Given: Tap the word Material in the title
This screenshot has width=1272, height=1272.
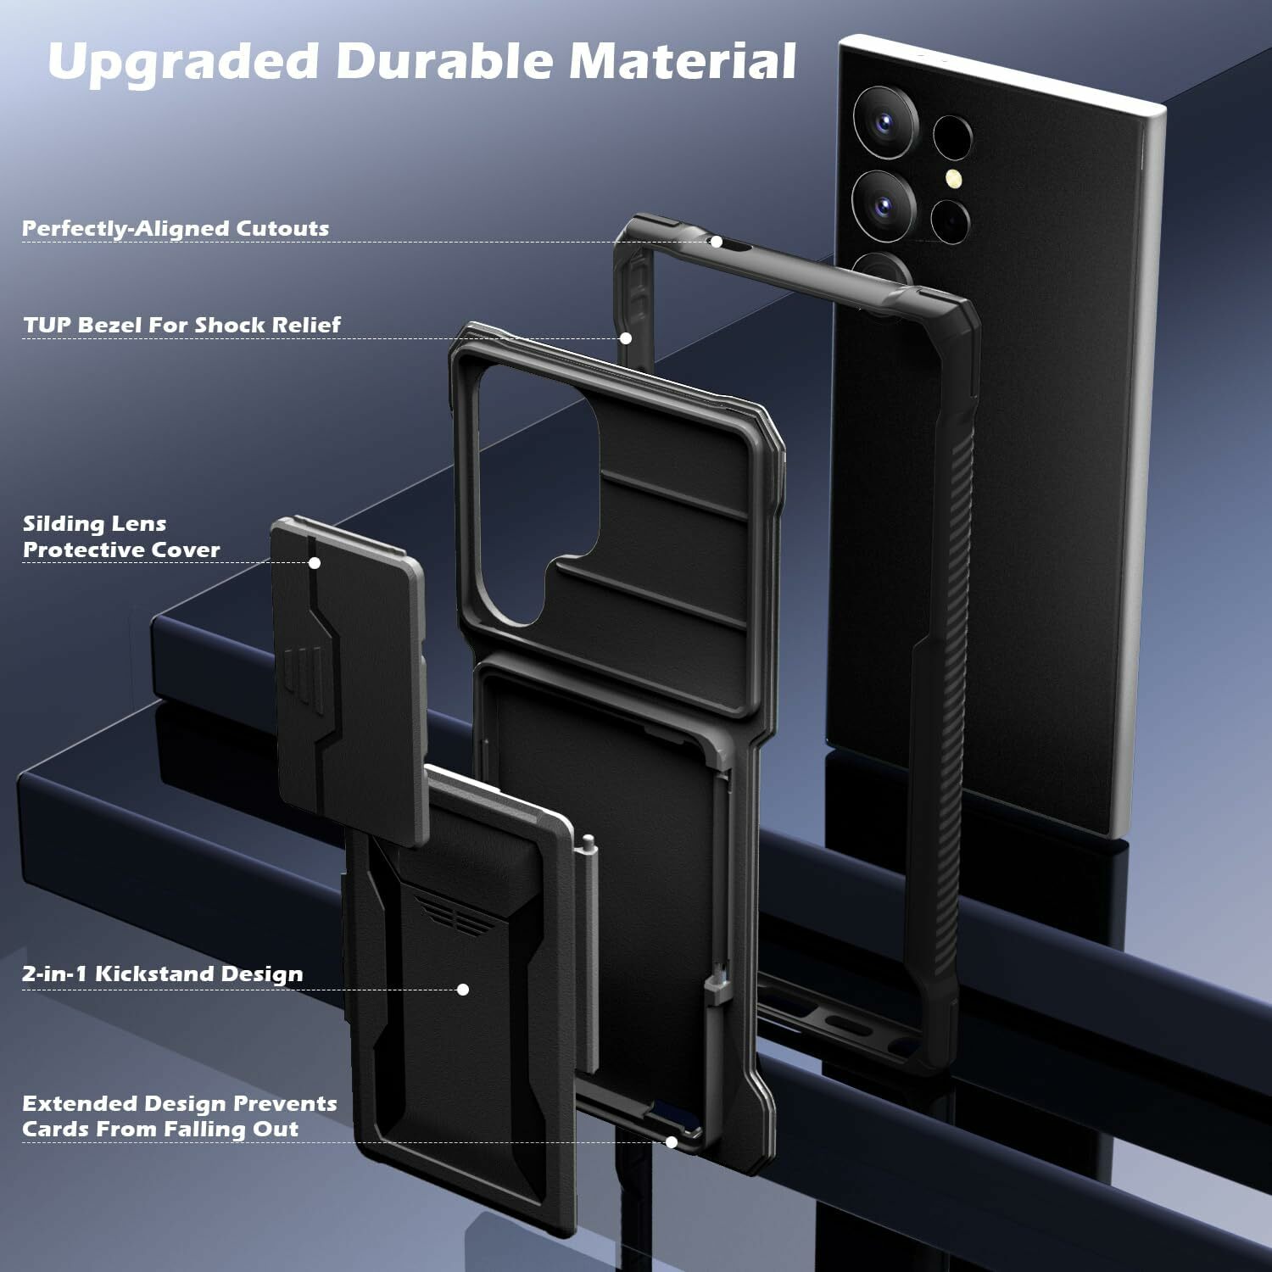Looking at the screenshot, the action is click(682, 61).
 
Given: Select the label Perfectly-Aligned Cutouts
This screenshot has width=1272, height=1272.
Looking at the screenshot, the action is click(175, 228).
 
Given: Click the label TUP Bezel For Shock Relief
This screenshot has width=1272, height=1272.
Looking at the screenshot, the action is click(181, 325).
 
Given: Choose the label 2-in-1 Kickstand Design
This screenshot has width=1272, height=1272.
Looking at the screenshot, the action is click(162, 974).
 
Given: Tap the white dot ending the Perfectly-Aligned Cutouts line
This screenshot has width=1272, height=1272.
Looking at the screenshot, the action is click(716, 242).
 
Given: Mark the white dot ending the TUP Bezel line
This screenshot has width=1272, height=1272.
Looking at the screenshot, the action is click(626, 338).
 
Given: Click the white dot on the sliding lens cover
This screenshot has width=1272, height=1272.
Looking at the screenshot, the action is click(314, 562).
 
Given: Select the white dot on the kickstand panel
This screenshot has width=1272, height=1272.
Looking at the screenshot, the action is click(463, 989).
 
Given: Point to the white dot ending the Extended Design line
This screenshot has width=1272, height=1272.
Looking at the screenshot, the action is click(671, 1142).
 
